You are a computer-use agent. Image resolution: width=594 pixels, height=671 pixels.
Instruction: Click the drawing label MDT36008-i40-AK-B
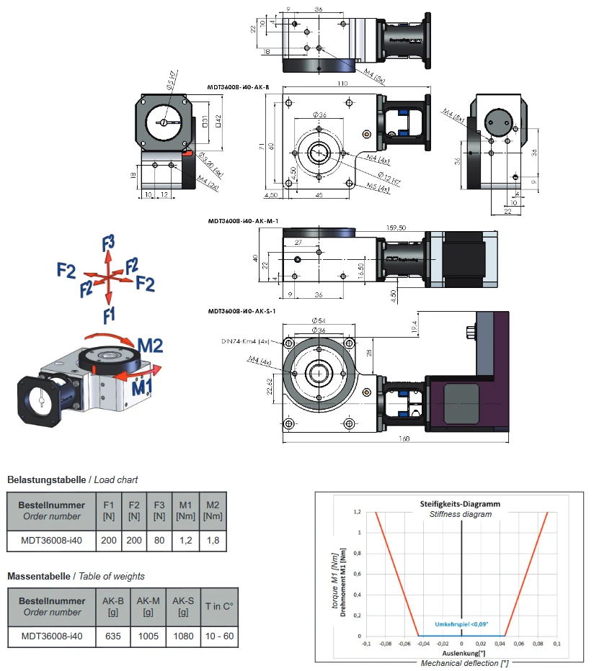coord(238,87)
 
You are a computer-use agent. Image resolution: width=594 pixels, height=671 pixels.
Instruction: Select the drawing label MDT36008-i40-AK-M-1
coord(242,221)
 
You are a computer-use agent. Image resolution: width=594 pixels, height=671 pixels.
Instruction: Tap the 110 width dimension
coord(342,84)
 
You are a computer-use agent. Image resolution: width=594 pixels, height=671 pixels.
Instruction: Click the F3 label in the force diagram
coord(109,242)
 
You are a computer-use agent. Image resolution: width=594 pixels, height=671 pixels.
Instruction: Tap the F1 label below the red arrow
coord(109,314)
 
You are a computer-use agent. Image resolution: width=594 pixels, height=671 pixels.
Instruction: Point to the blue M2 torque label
coord(150,346)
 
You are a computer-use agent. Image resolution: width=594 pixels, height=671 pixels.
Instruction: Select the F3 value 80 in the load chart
coord(159,539)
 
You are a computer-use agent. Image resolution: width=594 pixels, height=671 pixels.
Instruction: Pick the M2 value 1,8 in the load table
coord(212,539)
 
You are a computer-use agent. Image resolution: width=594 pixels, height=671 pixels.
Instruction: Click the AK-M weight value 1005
coord(148,636)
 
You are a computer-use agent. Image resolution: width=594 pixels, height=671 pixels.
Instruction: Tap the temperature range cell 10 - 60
coord(219,636)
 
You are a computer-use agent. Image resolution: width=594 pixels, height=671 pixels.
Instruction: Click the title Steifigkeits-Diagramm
coord(460,504)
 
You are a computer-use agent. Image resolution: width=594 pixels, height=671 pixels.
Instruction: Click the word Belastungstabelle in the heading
coord(46,479)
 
